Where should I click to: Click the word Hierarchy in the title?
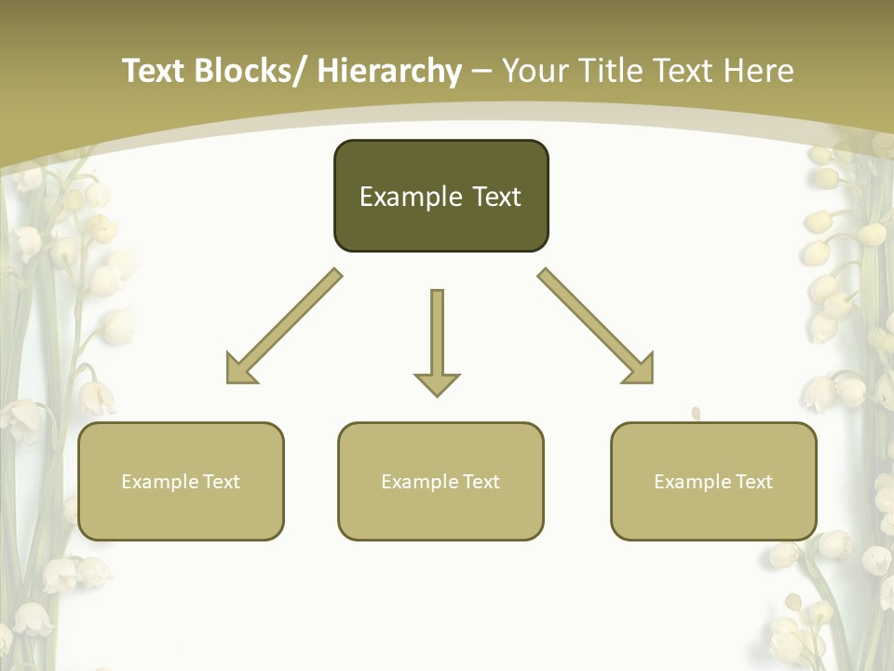(x=389, y=71)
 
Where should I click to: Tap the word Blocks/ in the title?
(x=251, y=71)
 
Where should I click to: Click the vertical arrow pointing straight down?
(x=437, y=335)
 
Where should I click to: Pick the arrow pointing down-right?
(x=596, y=326)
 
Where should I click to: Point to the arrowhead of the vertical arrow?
(x=437, y=384)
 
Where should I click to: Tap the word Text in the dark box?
(x=496, y=198)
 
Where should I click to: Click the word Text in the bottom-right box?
(x=755, y=482)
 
